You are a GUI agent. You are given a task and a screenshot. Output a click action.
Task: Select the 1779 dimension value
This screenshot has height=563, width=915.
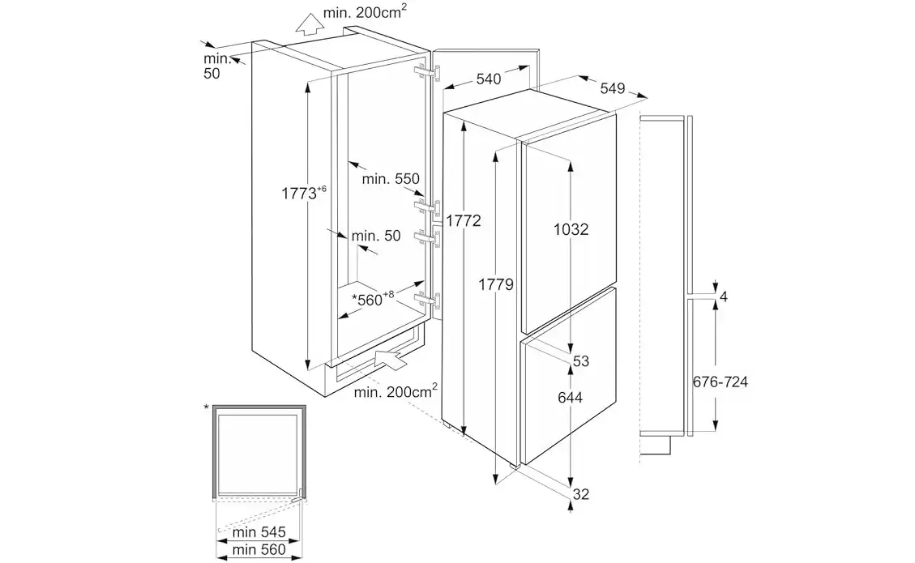coord(494,284)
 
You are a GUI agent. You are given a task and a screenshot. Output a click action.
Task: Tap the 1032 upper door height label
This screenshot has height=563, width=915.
coord(571,229)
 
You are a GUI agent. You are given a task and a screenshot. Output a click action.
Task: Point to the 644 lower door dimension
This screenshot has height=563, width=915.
coord(571,397)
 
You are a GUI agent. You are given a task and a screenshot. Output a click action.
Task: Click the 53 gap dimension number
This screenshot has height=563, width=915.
coord(580,361)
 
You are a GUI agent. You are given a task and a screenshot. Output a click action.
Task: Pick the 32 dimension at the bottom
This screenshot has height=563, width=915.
coord(580,494)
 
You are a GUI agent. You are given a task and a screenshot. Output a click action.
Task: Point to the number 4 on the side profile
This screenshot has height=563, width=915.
coord(724,297)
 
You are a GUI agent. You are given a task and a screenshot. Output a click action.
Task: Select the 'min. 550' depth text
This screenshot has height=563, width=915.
coord(390,177)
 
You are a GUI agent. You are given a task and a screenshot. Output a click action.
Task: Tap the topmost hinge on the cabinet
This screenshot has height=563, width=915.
coord(427,73)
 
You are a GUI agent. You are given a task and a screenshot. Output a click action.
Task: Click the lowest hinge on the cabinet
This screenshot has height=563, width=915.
coord(427,301)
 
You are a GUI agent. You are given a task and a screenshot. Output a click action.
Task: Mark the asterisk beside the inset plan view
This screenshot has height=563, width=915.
coord(207,407)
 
